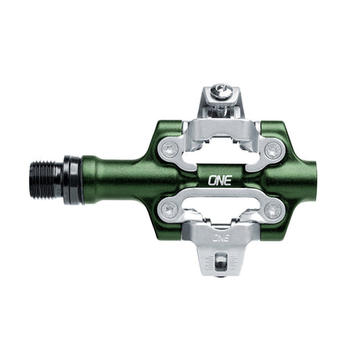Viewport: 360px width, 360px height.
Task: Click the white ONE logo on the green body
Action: [x=217, y=178]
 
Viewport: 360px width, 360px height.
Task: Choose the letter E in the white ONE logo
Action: [x=226, y=178]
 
